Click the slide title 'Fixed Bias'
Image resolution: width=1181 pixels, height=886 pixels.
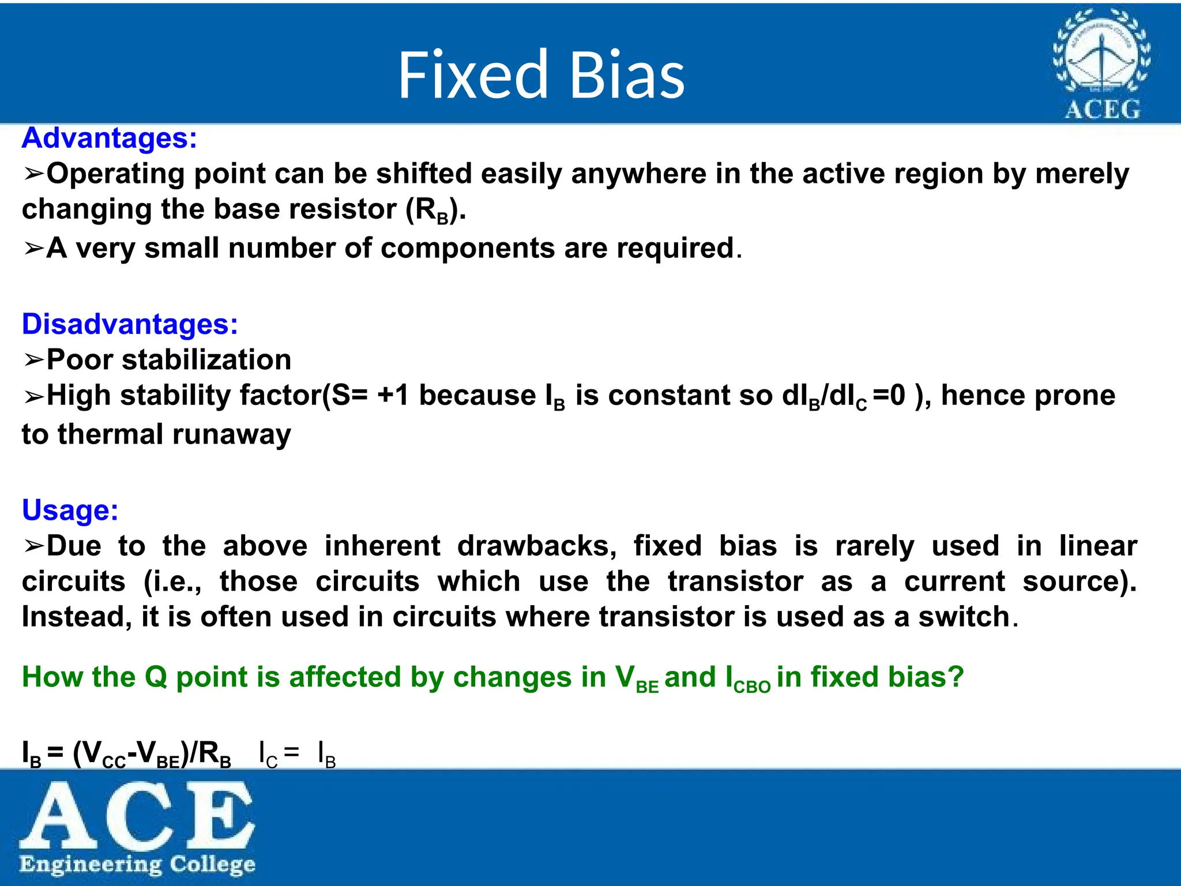(541, 75)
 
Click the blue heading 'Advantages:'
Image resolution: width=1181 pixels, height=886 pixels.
(110, 138)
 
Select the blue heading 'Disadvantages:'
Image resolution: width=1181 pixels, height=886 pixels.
(130, 324)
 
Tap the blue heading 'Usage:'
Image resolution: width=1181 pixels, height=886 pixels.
(70, 510)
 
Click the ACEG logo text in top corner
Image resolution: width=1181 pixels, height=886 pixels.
(1102, 109)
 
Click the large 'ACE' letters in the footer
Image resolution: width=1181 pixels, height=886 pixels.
(137, 815)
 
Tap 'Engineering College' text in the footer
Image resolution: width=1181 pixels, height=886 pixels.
(137, 865)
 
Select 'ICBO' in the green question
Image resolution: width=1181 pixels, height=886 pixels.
(747, 679)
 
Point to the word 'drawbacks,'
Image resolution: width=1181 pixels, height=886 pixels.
(537, 546)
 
